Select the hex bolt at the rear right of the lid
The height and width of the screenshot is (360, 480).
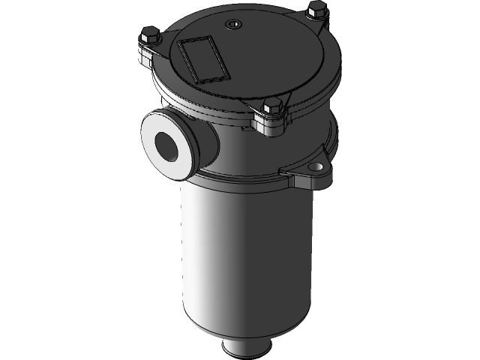(x=315, y=10)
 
